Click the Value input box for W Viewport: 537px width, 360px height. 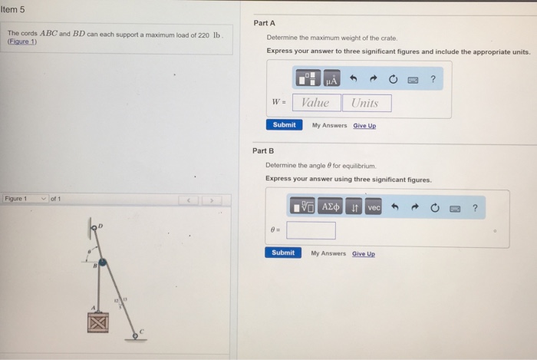click(315, 103)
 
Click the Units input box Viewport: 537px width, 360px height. click(365, 103)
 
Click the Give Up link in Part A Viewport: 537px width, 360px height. click(364, 125)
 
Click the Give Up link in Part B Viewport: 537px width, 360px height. click(364, 253)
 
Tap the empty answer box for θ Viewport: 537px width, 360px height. click(311, 230)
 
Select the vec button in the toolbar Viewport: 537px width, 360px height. click(374, 207)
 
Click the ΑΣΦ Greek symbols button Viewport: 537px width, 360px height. click(331, 207)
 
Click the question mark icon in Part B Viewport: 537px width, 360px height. click(475, 207)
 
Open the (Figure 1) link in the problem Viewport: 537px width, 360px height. click(22, 42)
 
